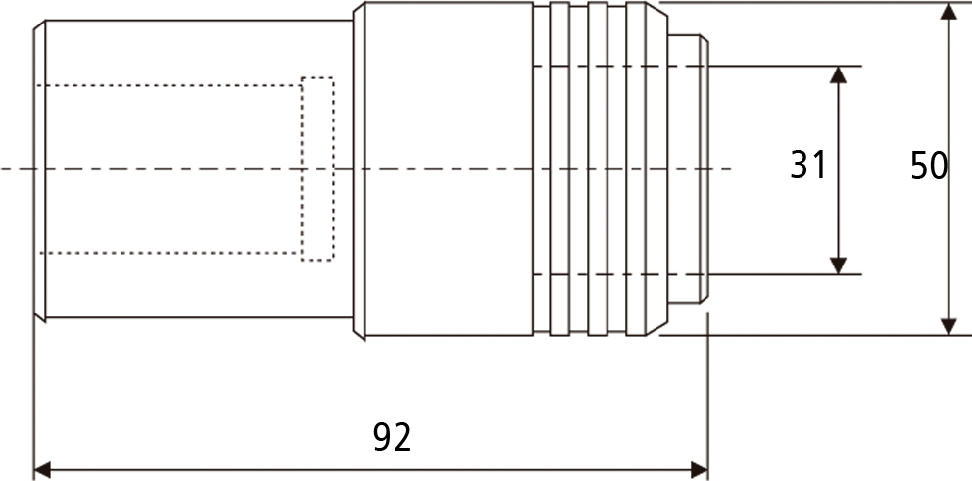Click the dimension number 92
click(392, 437)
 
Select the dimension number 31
click(807, 166)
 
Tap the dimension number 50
click(929, 167)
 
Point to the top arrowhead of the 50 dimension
click(948, 11)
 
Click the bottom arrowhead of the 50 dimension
click(948, 326)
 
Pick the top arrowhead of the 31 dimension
click(838, 75)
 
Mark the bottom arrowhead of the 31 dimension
click(838, 265)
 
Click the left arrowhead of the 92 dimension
click(43, 470)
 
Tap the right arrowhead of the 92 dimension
click(700, 470)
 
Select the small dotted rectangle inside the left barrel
click(318, 78)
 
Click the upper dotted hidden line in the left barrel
click(170, 85)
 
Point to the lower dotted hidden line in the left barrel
click(170, 253)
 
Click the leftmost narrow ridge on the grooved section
click(559, 168)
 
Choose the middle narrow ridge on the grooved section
click(598, 168)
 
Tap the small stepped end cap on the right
click(688, 168)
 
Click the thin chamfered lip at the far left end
click(39, 170)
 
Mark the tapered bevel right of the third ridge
click(656, 168)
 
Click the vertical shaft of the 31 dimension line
click(838, 170)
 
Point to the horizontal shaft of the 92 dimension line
click(370, 470)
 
